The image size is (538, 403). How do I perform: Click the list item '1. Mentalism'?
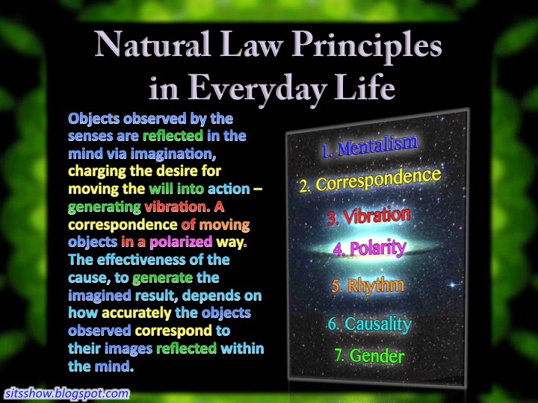pyautogui.click(x=370, y=146)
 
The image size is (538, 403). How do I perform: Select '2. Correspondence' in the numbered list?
pyautogui.click(x=370, y=180)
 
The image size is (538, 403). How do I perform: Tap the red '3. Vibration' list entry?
pyautogui.click(x=369, y=216)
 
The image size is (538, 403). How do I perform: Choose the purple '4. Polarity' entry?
pyautogui.click(x=370, y=248)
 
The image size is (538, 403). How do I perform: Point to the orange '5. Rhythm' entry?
pyautogui.click(x=368, y=286)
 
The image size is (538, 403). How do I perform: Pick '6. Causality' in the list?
pyautogui.click(x=370, y=324)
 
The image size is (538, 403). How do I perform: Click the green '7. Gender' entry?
pyautogui.click(x=369, y=356)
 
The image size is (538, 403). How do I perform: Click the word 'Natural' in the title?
pyautogui.click(x=152, y=45)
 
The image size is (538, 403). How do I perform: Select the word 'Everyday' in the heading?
pyautogui.click(x=256, y=88)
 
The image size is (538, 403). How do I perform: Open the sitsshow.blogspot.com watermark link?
pyautogui.click(x=67, y=393)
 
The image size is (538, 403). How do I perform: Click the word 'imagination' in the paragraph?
pyautogui.click(x=173, y=154)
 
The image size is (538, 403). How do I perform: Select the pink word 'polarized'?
pyautogui.click(x=181, y=243)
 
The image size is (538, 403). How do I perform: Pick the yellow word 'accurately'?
pyautogui.click(x=137, y=313)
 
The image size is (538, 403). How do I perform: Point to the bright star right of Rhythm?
pyautogui.click(x=453, y=284)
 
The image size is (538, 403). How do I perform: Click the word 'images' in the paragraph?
pyautogui.click(x=129, y=349)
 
